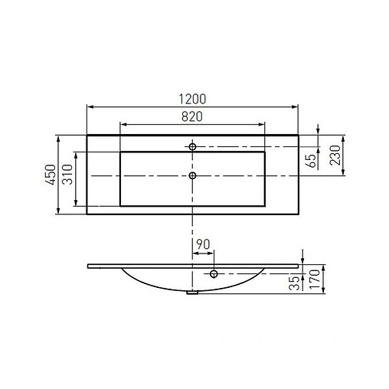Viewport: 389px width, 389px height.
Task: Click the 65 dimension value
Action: click(x=310, y=160)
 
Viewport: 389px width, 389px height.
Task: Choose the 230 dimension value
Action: click(x=335, y=158)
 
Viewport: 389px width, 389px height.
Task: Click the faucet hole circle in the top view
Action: click(x=193, y=145)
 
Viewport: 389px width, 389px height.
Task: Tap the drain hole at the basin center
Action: click(x=192, y=175)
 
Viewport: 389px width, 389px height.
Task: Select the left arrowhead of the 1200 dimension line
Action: click(x=90, y=108)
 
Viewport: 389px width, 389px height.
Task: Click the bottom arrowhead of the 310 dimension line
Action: click(x=75, y=204)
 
